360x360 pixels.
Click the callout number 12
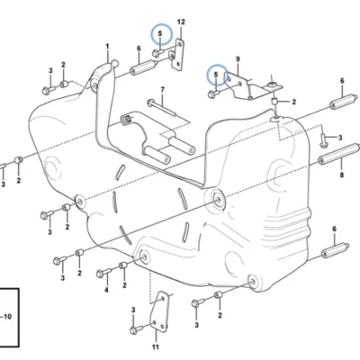click(x=181, y=22)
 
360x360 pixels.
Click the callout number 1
click(x=107, y=47)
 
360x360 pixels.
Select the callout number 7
click(x=163, y=90)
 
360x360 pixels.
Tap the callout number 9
click(x=238, y=59)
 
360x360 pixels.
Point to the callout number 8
click(x=342, y=175)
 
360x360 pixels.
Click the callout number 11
click(x=155, y=347)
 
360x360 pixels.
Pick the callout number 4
click(x=106, y=290)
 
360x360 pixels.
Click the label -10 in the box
click(x=6, y=317)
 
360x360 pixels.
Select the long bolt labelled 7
click(x=161, y=107)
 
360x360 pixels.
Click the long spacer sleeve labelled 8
click(x=338, y=154)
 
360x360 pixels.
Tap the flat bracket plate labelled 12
click(x=177, y=55)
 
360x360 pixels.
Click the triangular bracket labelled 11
click(x=160, y=312)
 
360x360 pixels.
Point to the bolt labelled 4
click(x=103, y=273)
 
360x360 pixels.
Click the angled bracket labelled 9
click(x=253, y=86)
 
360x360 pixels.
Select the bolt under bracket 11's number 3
click(x=137, y=329)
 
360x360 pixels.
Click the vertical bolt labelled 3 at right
click(x=323, y=140)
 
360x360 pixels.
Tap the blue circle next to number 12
click(x=162, y=34)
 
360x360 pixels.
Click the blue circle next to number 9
click(x=218, y=75)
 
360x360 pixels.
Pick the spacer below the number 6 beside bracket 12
click(x=143, y=67)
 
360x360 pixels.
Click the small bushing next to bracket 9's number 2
click(x=275, y=102)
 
